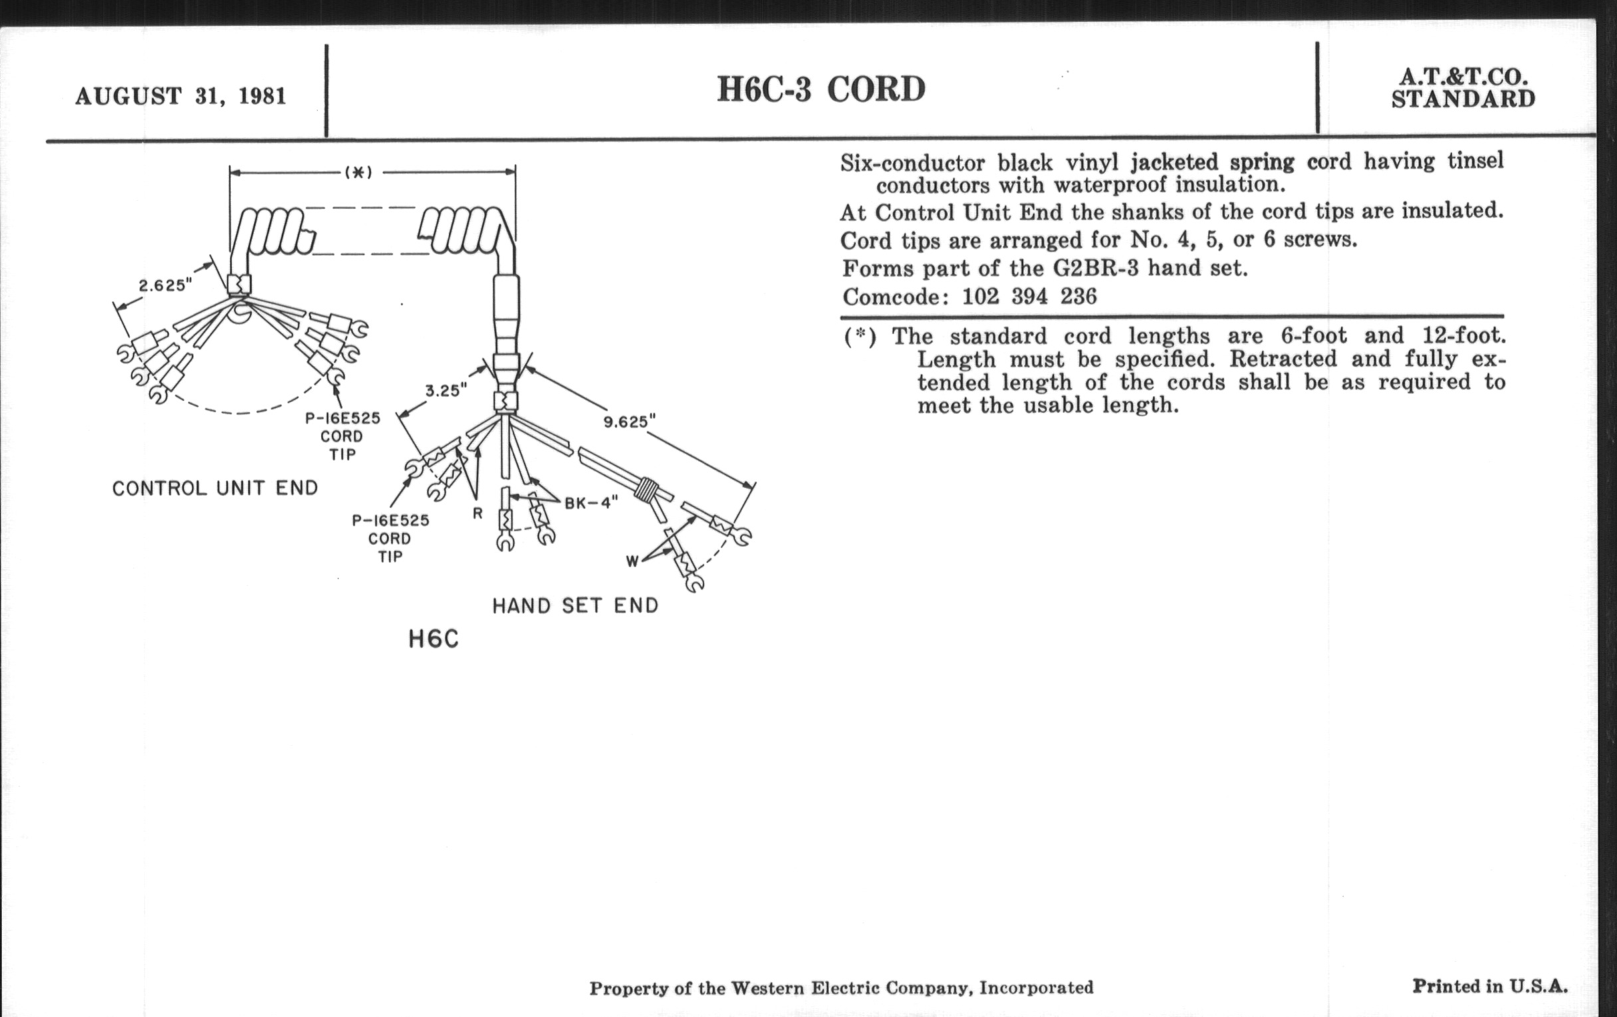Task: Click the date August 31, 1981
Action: tap(181, 96)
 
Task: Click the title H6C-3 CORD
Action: tap(820, 89)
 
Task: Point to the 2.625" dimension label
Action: tap(165, 285)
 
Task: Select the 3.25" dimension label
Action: tap(445, 391)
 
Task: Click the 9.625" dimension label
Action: tap(629, 422)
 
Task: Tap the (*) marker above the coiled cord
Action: tap(358, 173)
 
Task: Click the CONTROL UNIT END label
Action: tap(215, 488)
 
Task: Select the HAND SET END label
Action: tap(576, 606)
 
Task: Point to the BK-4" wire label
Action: tap(591, 503)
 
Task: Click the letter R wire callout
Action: tap(477, 514)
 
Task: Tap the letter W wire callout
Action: tap(632, 561)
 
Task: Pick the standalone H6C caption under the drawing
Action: tap(433, 639)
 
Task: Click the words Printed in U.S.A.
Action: tap(1489, 986)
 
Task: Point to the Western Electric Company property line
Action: tap(840, 988)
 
